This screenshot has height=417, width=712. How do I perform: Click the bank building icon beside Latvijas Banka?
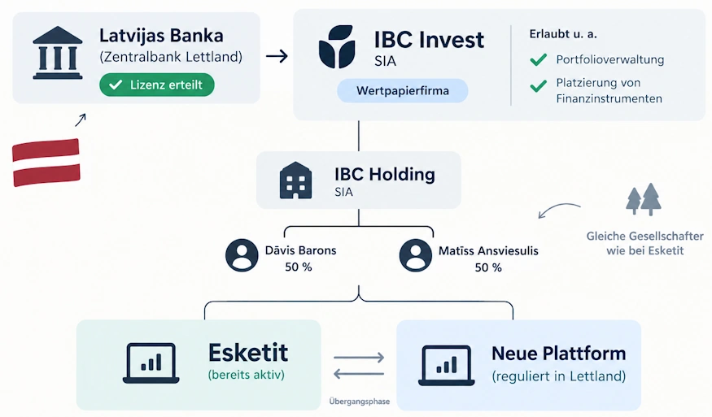click(58, 53)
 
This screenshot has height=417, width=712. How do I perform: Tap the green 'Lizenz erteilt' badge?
click(157, 85)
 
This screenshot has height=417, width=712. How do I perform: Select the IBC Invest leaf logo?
click(337, 46)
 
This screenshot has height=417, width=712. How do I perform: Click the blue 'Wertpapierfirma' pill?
click(402, 90)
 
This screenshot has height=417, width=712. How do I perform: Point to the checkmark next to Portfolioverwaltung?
click(539, 59)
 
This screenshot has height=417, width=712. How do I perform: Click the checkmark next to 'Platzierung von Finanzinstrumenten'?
click(539, 86)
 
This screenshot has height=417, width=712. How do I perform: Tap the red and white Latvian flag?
click(46, 163)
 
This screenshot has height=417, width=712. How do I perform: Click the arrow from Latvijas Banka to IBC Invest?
click(277, 56)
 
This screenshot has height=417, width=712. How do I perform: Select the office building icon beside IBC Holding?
click(295, 180)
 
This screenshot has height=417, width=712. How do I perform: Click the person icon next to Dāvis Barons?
click(242, 255)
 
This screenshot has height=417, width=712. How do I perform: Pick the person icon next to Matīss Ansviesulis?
click(416, 255)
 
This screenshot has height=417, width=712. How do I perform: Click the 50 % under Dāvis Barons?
click(299, 267)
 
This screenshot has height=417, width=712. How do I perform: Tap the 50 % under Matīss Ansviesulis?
click(488, 267)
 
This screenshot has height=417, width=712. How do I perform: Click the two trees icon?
click(644, 199)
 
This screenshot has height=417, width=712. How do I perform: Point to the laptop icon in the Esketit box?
click(151, 363)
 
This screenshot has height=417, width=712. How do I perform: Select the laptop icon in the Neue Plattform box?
click(447, 366)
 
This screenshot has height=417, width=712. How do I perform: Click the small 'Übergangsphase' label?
click(359, 402)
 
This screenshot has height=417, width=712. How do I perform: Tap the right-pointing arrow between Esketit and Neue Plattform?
click(359, 358)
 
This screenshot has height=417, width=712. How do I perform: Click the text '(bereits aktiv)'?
click(246, 375)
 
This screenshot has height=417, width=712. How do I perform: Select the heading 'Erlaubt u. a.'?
click(563, 34)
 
